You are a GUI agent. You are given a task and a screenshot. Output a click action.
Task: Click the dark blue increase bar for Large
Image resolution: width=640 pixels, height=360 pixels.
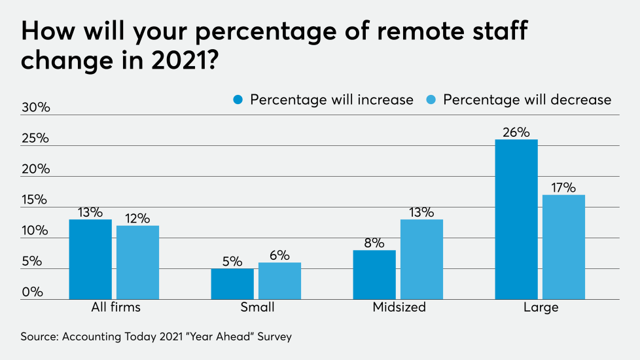pyautogui.click(x=516, y=219)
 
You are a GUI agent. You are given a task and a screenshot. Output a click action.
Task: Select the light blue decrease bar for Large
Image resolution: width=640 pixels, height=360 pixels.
pyautogui.click(x=563, y=247)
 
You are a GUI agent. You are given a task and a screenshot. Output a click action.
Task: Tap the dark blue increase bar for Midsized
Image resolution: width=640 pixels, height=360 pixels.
pyautogui.click(x=374, y=275)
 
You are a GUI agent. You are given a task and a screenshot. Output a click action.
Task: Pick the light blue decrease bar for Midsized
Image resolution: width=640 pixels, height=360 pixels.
pyautogui.click(x=421, y=259)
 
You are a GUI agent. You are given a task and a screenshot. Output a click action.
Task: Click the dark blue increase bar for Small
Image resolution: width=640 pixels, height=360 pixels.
pyautogui.click(x=232, y=283)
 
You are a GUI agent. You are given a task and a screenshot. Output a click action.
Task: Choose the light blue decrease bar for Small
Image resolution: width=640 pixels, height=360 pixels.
pyautogui.click(x=279, y=281)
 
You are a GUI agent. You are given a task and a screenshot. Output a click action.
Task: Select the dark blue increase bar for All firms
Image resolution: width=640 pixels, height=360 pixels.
pyautogui.click(x=90, y=259)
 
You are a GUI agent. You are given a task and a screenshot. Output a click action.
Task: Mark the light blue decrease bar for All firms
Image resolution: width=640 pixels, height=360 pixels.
pyautogui.click(x=137, y=262)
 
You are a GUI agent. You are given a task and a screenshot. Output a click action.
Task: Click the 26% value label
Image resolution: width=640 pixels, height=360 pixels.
pyautogui.click(x=516, y=132)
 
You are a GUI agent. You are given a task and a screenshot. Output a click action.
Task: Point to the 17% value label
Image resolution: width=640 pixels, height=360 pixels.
pyautogui.click(x=563, y=187)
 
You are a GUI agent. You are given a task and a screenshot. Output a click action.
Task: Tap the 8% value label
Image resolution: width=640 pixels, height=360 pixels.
pyautogui.click(x=374, y=243)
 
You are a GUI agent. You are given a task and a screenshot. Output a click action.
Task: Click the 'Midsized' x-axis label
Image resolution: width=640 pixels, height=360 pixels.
pyautogui.click(x=399, y=307)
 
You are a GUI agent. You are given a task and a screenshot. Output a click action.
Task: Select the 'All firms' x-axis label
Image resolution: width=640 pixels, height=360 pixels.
pyautogui.click(x=115, y=307)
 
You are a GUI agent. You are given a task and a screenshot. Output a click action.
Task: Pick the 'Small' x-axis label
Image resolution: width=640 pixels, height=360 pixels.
pyautogui.click(x=257, y=307)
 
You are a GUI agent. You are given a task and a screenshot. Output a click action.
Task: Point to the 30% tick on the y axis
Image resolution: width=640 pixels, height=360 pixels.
pyautogui.click(x=36, y=107)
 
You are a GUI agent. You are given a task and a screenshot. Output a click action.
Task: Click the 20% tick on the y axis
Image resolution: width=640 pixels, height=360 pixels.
pyautogui.click(x=36, y=169)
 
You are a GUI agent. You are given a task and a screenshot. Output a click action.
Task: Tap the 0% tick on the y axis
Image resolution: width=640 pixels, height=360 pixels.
pyautogui.click(x=33, y=292)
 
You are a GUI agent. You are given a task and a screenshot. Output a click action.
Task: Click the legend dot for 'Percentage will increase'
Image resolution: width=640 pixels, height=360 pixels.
pyautogui.click(x=238, y=99)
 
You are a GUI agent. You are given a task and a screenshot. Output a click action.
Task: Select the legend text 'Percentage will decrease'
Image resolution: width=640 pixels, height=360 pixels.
pyautogui.click(x=527, y=99)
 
